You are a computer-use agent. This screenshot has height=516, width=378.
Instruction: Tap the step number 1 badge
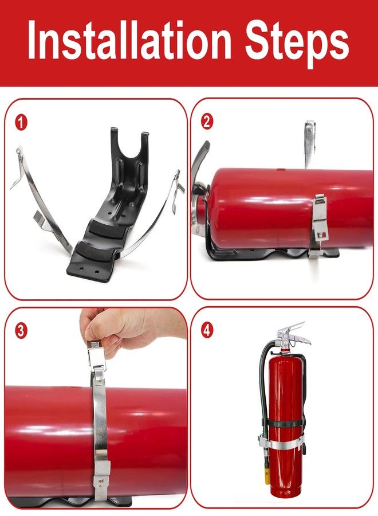tap(21, 123)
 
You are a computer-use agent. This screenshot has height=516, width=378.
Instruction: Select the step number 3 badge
tap(21, 331)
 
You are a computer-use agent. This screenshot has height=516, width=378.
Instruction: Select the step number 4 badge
tap(207, 330)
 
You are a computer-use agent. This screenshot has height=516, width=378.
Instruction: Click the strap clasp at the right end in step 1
tap(177, 191)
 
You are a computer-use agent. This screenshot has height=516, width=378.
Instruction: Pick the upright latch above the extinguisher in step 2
tap(310, 144)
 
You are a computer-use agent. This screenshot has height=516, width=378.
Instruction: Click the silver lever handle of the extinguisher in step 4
tap(295, 333)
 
